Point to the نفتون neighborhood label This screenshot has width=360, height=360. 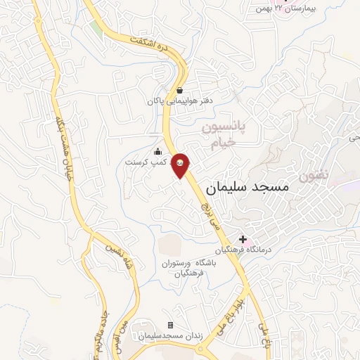[x=313, y=172]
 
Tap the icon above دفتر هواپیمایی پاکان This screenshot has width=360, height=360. [x=180, y=90]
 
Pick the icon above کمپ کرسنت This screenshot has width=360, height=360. [x=157, y=151]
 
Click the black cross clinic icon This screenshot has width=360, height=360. [x=243, y=239]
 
